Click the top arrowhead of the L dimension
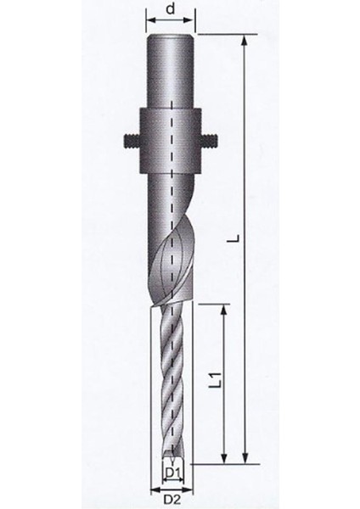245,40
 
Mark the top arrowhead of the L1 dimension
226,310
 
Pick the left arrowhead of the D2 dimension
153,489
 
